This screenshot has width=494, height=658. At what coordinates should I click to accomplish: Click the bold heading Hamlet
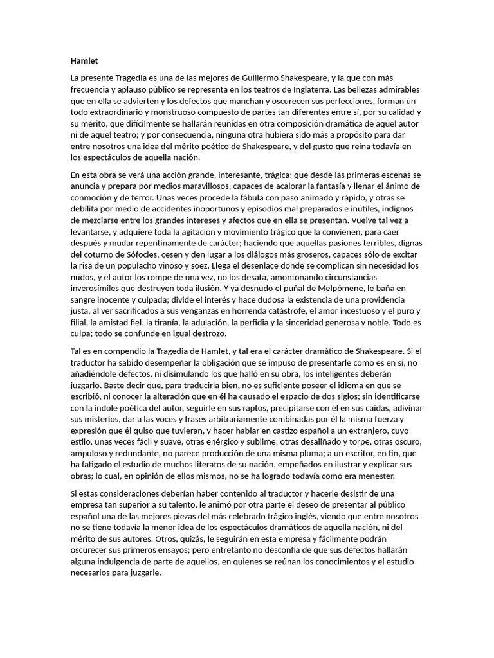(x=84, y=62)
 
